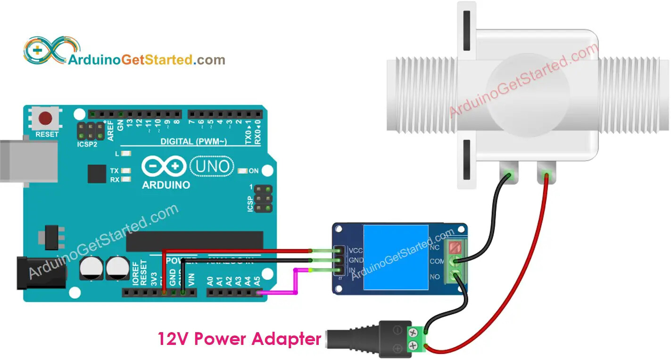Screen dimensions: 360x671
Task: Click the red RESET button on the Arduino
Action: point(46,118)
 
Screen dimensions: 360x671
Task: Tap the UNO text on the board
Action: point(212,166)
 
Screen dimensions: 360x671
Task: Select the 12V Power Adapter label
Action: point(239,338)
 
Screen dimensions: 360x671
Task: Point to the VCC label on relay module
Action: point(356,250)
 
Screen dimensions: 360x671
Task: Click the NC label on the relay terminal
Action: point(435,247)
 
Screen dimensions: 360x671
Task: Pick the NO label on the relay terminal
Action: point(435,277)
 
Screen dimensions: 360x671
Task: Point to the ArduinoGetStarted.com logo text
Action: point(147,60)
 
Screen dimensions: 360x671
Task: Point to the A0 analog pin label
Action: point(210,281)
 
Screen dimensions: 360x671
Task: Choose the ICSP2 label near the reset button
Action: point(87,144)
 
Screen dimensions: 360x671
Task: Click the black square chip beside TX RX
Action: point(97,174)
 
